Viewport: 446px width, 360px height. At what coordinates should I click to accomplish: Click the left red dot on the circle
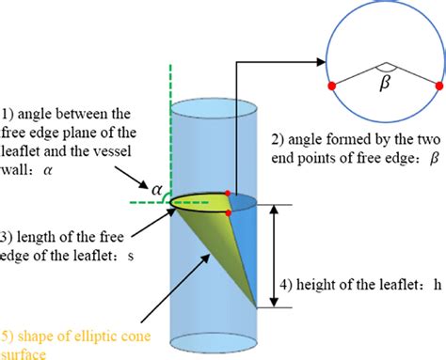point(331,86)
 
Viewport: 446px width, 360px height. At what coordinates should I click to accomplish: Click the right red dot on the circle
point(439,86)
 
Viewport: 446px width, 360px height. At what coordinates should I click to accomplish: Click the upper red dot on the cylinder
point(230,191)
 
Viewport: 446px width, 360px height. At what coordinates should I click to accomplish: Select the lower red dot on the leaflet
point(230,213)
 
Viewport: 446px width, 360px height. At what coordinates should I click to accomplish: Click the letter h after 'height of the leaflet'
point(438,288)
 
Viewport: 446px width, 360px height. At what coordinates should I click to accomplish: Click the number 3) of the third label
point(8,235)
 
